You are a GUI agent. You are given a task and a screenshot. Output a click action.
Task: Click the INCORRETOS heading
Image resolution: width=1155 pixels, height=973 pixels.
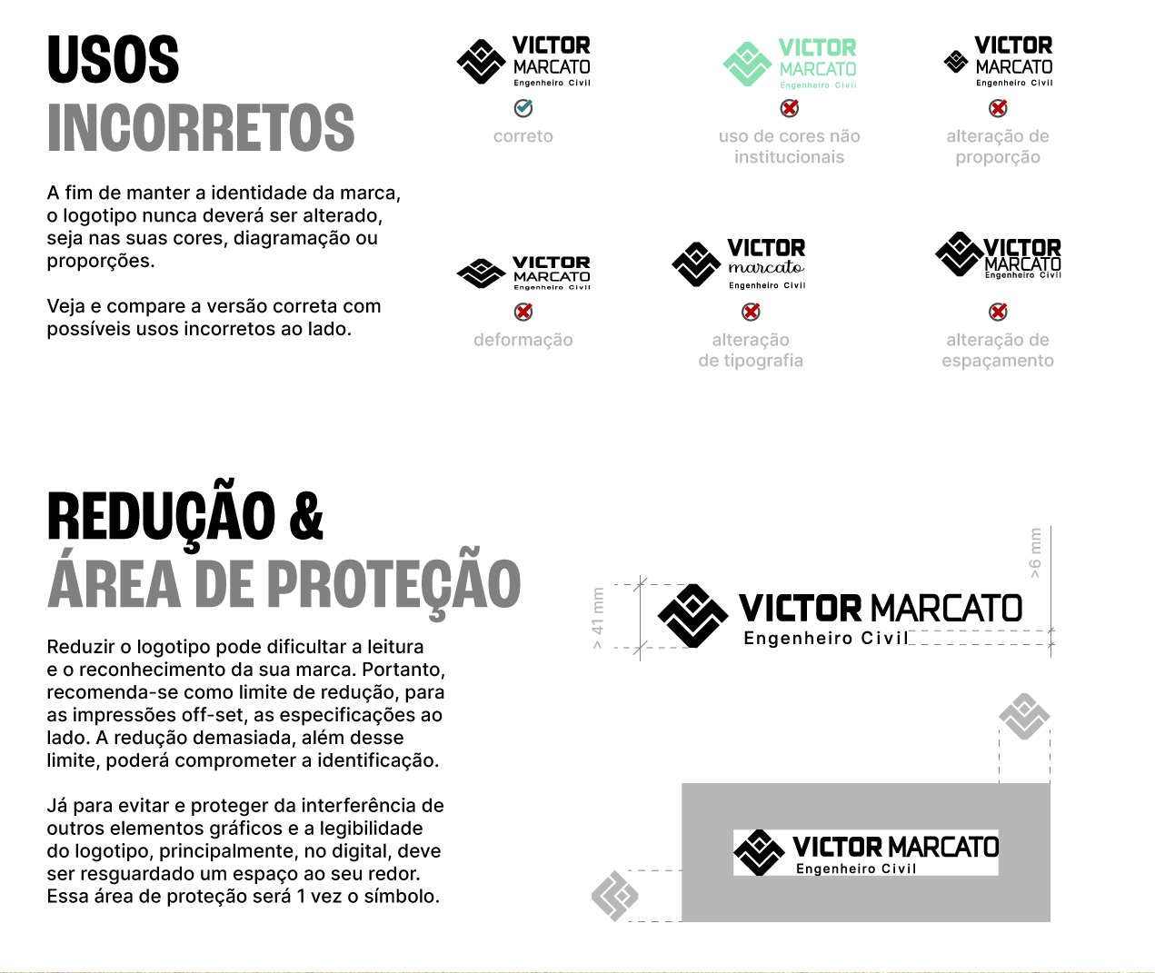point(201,127)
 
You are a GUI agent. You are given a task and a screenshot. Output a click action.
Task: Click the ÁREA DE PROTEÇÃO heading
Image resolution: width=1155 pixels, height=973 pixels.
point(284,584)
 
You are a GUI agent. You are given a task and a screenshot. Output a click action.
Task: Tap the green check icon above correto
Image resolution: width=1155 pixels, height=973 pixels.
point(523,108)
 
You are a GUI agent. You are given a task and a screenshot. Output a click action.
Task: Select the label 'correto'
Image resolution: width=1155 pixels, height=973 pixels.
point(523,136)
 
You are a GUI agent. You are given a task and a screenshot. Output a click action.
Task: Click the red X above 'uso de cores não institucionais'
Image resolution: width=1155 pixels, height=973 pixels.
point(790,108)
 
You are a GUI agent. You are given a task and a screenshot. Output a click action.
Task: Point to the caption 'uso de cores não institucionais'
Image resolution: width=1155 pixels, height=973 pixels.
point(790,146)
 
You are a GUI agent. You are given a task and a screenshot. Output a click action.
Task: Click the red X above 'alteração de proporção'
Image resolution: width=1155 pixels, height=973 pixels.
point(998,108)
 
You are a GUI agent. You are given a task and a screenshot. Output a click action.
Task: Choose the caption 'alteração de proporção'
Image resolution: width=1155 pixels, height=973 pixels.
point(998,146)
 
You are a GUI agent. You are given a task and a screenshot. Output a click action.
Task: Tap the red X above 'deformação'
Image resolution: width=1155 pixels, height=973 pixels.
point(523,312)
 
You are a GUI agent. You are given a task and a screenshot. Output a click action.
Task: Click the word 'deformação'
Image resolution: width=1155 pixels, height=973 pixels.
point(523,340)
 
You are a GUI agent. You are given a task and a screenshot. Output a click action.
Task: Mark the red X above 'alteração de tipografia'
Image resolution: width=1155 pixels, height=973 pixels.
point(751,312)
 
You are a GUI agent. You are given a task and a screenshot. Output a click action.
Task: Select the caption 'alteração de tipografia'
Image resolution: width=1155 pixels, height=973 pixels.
point(751,350)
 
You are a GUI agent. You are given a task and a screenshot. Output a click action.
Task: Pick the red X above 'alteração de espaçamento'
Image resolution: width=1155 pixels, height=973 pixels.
point(998,312)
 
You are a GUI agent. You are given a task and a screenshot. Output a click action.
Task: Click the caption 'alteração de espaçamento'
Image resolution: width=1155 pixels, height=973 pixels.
point(998,350)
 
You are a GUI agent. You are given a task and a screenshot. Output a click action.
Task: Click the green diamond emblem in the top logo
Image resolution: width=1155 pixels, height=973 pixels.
point(747,64)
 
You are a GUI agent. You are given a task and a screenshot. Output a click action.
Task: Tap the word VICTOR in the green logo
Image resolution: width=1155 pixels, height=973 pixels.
point(817,48)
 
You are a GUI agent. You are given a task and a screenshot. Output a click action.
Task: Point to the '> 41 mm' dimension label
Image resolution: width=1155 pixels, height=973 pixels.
point(598,618)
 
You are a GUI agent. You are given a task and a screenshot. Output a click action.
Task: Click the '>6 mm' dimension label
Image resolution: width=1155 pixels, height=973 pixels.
point(1035,552)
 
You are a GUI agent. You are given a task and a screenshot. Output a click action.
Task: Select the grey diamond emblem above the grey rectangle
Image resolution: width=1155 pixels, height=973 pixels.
point(1024,717)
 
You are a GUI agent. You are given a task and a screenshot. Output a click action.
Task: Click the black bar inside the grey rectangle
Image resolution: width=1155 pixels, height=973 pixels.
point(865,852)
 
